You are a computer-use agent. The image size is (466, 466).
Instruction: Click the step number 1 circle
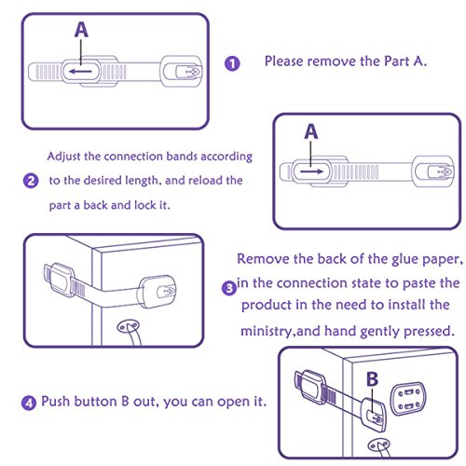pos(232,63)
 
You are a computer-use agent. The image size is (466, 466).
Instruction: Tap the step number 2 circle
pos(31,181)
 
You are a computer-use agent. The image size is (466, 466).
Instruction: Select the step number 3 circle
pos(229,288)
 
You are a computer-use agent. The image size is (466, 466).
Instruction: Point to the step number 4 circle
pos(29,403)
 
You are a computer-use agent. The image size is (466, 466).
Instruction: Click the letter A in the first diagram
pos(81,30)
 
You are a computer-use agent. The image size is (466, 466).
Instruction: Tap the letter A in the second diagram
pos(311,131)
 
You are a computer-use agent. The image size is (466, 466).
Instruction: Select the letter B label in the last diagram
pos(372,379)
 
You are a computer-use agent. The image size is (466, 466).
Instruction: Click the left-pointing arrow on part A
pos(80,72)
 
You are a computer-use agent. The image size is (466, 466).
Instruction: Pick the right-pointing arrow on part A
pos(312,171)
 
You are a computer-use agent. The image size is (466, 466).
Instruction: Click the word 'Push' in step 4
pos(55,401)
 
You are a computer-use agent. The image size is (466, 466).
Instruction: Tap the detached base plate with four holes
pos(408,399)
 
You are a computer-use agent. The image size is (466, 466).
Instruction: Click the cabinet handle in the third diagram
pos(130,333)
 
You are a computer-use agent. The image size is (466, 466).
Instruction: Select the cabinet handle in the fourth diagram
pos(379,447)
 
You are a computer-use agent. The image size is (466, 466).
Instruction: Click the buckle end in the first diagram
pos(181,72)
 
